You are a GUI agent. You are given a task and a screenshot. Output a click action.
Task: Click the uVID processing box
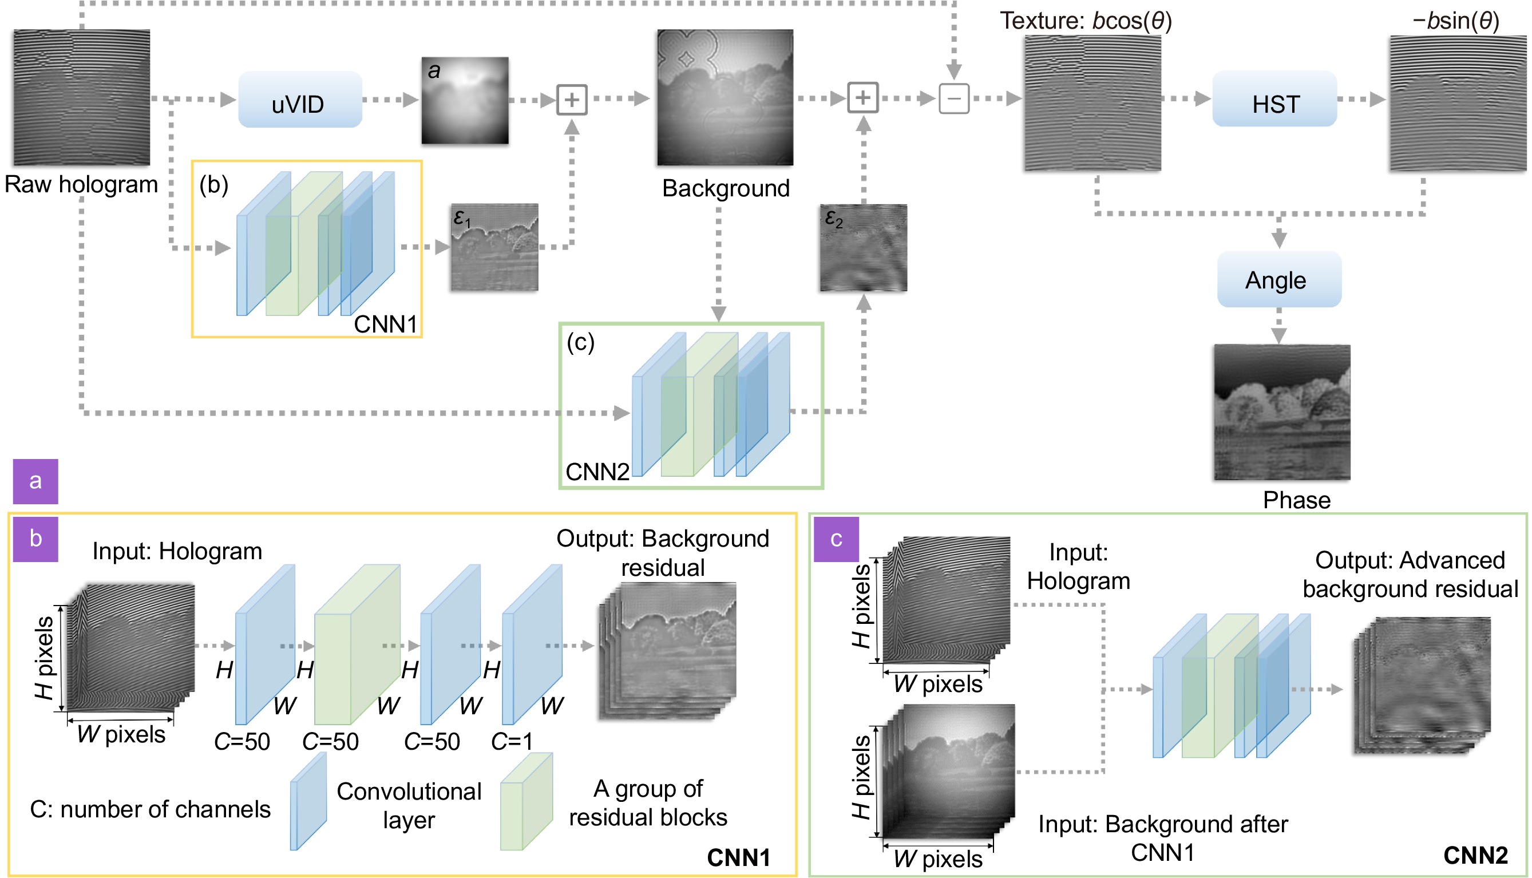[300, 100]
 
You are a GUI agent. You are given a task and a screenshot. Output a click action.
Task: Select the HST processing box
[1274, 100]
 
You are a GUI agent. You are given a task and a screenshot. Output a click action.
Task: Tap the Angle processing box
[1279, 280]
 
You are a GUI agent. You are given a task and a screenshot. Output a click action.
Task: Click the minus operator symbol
[954, 99]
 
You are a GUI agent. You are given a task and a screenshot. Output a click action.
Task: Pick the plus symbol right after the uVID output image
[571, 100]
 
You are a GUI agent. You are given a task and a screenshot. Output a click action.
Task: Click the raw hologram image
[82, 98]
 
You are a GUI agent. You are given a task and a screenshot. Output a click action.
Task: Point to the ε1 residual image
[494, 248]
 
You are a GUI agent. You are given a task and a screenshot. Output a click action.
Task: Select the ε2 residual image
[863, 248]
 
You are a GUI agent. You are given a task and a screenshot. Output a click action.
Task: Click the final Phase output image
[1282, 413]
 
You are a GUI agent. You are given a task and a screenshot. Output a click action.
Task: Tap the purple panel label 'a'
[35, 481]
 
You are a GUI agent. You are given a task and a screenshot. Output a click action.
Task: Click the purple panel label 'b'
[35, 539]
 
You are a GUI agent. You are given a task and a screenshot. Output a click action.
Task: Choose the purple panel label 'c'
[836, 539]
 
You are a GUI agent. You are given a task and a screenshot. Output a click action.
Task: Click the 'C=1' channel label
[512, 741]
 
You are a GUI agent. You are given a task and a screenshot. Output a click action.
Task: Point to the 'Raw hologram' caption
[81, 184]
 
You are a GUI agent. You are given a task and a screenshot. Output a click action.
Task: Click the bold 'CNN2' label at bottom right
[1475, 855]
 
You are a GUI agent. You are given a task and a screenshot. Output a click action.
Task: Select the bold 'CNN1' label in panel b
[739, 857]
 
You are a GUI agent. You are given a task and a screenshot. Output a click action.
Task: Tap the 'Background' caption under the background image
[726, 189]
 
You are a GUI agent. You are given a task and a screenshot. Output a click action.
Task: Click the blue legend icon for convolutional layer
[308, 802]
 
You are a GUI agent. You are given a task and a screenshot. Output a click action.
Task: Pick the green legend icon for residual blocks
[526, 802]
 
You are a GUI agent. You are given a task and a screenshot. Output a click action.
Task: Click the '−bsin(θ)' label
[1455, 21]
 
